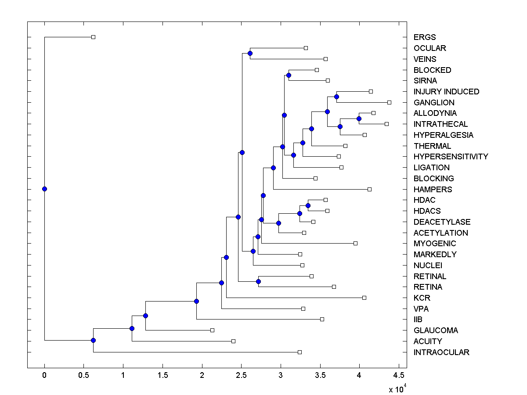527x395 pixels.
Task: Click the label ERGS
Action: [425, 37]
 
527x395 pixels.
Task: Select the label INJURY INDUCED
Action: [446, 92]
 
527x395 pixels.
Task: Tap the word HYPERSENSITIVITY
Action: [451, 157]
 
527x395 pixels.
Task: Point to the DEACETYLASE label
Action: [442, 222]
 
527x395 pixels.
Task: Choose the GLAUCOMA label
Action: [436, 330]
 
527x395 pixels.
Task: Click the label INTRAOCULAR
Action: [441, 352]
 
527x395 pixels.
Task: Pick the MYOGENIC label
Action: [435, 244]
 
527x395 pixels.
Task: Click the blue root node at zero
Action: [44, 189]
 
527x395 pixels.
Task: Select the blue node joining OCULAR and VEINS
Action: [250, 54]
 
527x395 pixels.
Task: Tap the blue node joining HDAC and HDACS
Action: [308, 205]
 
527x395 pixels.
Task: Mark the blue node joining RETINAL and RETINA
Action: [259, 281]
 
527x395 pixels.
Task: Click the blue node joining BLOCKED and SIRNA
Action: [289, 75]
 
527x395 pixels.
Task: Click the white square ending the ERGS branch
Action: [93, 37]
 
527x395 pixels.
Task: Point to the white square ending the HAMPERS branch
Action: [369, 189]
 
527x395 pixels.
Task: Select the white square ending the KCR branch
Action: [364, 298]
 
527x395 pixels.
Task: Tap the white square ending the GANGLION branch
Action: [389, 102]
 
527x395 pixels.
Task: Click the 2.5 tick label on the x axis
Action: [241, 375]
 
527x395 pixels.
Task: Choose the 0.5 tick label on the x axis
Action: [83, 375]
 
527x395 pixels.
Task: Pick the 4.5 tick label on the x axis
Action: [398, 375]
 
